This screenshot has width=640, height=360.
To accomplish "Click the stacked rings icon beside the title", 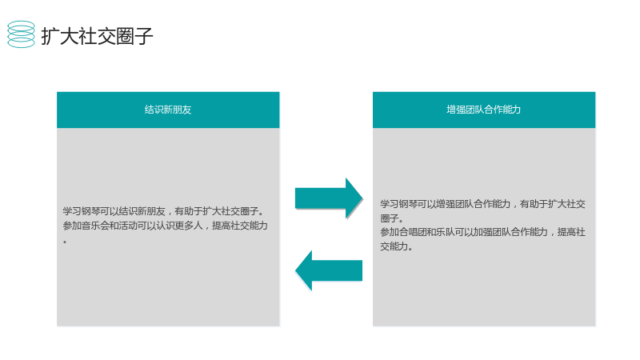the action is point(21,34).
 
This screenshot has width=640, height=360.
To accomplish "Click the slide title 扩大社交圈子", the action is point(97,36).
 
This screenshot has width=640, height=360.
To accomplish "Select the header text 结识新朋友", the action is point(168,110).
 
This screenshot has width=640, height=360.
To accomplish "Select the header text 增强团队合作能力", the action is point(484,110).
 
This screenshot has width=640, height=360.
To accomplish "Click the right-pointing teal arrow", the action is point(329,198).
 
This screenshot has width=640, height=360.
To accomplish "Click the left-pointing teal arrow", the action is point(329,270).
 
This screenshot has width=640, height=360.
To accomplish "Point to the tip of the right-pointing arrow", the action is point(362,198).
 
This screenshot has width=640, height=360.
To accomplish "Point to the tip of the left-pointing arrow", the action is point(295,270).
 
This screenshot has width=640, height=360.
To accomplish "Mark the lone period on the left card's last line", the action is point(65,242).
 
